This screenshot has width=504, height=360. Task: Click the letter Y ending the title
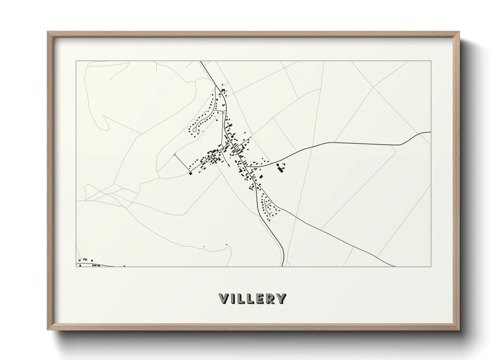tap(281, 298)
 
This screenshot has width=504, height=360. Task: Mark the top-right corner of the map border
tap(431, 61)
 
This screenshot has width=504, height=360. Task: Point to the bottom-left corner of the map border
tap(76, 266)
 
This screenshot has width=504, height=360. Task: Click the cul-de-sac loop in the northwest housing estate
tap(194, 129)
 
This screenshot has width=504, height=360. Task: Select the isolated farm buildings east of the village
tap(281, 168)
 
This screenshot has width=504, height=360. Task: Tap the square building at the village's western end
tap(191, 174)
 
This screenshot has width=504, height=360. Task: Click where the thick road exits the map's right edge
tap(431, 132)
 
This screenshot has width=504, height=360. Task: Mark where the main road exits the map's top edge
tap(200, 61)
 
